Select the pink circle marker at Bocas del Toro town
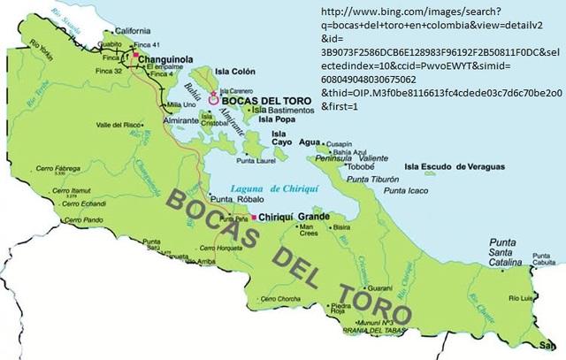tap(212, 101)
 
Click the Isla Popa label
tap(277, 123)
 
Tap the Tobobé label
tap(362, 165)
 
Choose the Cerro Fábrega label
tap(73, 168)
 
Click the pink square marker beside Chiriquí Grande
tap(254, 217)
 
